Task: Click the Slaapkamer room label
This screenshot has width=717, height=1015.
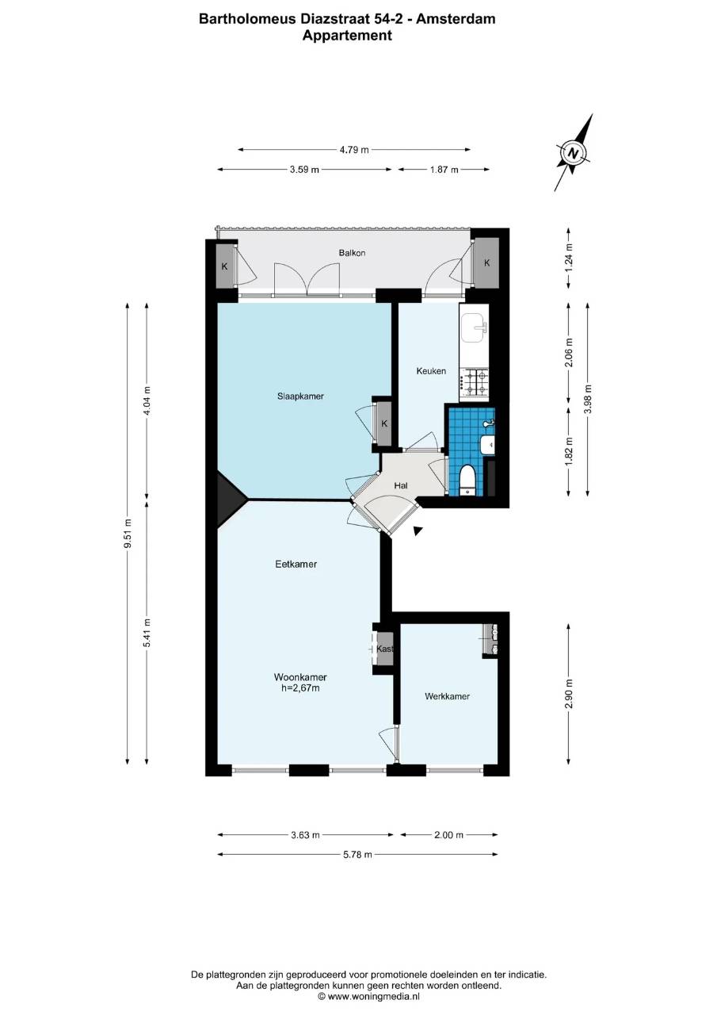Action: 300,396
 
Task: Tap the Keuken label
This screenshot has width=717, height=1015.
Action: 431,371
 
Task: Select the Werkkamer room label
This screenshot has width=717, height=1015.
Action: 447,696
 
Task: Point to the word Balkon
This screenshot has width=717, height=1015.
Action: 352,253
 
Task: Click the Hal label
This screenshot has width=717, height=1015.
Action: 401,486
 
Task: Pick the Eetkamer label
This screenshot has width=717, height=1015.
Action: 296,564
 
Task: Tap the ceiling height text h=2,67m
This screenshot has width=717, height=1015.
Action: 300,688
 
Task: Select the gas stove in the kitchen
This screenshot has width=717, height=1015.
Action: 474,382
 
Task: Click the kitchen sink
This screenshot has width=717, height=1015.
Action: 475,327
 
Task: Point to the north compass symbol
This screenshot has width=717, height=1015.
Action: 574,153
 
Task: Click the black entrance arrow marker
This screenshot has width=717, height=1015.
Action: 418,531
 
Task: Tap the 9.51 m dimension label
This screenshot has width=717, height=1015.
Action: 128,540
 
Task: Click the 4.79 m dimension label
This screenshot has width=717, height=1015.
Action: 354,150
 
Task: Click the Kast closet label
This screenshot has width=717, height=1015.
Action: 384,649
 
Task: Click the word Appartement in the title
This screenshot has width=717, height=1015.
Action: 347,36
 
